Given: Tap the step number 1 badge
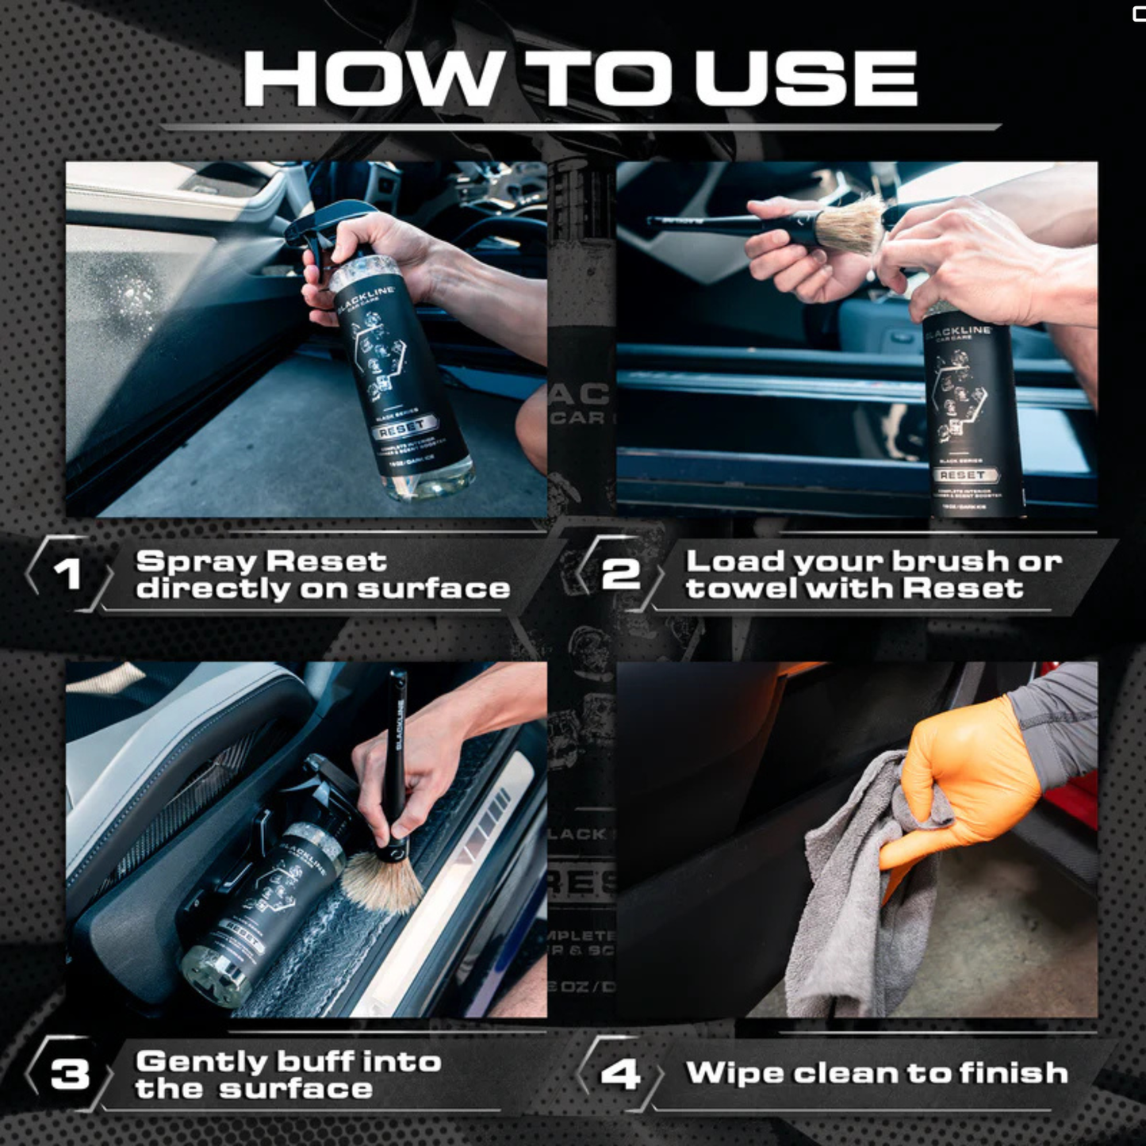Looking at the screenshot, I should pos(67,573).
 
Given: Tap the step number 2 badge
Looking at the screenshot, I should pos(620,573).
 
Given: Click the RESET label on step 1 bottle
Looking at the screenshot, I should pos(402,429).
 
